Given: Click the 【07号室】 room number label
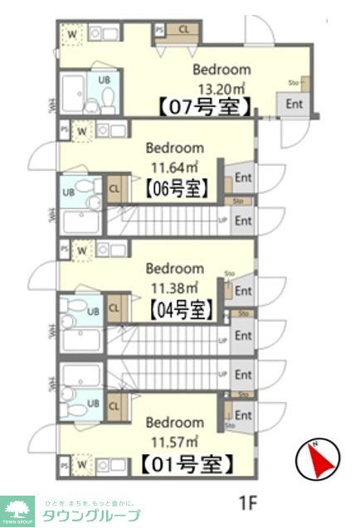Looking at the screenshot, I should point(204,106).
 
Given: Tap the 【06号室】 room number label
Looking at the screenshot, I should point(177,187).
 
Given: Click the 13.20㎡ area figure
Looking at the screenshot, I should point(221,87).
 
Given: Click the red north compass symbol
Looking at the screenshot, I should point(318,458).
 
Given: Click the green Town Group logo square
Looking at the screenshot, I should point(17,511).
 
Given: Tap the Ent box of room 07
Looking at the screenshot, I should point(294,104).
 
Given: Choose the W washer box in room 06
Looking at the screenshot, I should point(83,130).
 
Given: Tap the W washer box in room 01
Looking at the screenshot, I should point(83,465).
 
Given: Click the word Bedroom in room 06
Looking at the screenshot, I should point(175,148).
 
